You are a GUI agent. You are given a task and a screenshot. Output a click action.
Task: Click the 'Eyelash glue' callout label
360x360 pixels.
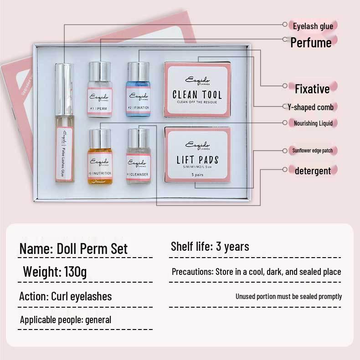[x=313, y=26]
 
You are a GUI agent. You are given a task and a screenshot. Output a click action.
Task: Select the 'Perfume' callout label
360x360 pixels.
[x=311, y=42]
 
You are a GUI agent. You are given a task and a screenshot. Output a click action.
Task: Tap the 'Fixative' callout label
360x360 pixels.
[x=312, y=89]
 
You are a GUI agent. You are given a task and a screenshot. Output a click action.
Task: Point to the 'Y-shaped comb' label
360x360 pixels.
[x=310, y=107]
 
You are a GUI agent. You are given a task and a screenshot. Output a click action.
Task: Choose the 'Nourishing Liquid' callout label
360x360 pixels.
[x=313, y=123]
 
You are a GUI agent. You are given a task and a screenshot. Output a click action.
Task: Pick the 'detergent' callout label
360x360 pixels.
[x=313, y=171]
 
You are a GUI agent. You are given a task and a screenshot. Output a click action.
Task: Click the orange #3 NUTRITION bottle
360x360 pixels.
[x=100, y=159]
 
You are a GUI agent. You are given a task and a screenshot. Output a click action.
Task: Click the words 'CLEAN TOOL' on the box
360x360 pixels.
[x=197, y=95]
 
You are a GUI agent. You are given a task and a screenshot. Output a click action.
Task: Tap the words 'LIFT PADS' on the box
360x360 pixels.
[x=197, y=160]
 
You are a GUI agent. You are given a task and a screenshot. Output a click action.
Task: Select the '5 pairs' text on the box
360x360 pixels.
[x=197, y=174]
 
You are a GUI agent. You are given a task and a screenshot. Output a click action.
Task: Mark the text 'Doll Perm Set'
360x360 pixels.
[x=92, y=248]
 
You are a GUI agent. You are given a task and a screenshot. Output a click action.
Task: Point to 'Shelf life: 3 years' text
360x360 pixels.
[x=210, y=247]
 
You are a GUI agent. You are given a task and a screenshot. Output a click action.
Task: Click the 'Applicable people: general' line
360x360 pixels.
[x=65, y=319]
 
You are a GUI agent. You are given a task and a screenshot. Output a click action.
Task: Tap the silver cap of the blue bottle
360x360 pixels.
[x=139, y=69]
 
